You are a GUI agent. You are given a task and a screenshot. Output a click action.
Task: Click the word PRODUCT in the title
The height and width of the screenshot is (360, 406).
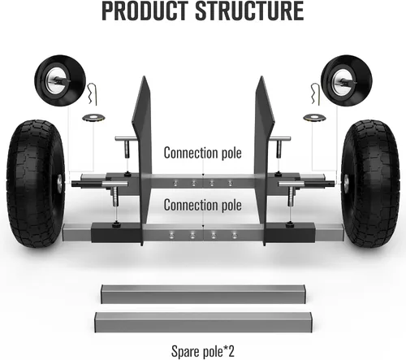pyautogui.click(x=145, y=11)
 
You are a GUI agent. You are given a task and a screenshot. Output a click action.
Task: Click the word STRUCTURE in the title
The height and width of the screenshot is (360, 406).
pyautogui.click(x=249, y=11)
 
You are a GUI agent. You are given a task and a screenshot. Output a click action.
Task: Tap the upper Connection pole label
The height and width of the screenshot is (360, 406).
pyautogui.click(x=203, y=153)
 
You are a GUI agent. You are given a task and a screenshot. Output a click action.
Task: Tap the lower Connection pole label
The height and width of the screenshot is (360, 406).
pyautogui.click(x=203, y=205)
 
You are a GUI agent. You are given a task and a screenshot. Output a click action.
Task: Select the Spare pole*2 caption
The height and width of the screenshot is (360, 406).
pyautogui.click(x=203, y=351)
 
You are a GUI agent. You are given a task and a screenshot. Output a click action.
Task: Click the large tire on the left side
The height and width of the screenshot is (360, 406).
pyautogui.click(x=35, y=184)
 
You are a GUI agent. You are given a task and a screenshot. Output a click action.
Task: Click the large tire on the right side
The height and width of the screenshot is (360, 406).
pyautogui.click(x=370, y=184)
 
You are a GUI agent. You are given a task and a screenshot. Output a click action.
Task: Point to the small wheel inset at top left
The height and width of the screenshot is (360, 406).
pyautogui.click(x=60, y=80)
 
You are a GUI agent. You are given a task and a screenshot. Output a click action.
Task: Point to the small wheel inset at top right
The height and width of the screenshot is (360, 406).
pyautogui.click(x=347, y=80)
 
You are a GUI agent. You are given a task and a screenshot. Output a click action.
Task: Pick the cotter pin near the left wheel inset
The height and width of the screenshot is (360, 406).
pyautogui.click(x=92, y=94)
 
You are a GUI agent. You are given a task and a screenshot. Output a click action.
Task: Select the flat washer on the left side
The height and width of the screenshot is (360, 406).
pyautogui.click(x=93, y=118)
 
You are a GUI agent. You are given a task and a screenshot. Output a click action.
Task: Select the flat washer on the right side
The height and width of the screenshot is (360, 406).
pyautogui.click(x=315, y=118)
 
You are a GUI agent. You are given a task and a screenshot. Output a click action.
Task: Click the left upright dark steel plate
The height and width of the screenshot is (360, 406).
pyautogui.click(x=142, y=160)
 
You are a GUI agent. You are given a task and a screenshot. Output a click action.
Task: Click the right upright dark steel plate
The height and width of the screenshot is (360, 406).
pyautogui.click(x=264, y=160)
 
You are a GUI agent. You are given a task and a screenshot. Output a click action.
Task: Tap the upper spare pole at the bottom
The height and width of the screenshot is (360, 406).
pyautogui.click(x=203, y=294)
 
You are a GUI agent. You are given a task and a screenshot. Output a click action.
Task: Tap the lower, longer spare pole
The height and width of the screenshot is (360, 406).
pyautogui.click(x=203, y=323)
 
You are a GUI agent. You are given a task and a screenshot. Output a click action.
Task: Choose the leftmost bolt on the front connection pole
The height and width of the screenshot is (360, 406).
pyautogui.click(x=171, y=235)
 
